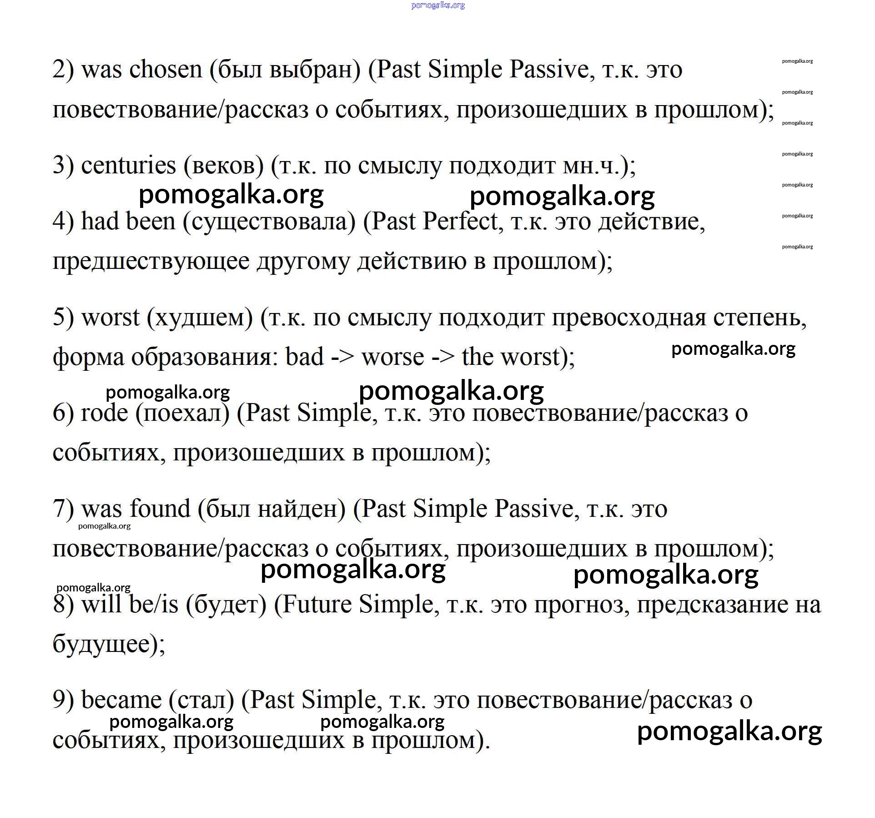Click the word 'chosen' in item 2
pos(166,71)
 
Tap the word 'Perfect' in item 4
pos(460,222)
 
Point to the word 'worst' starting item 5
pos(110,318)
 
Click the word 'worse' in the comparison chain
pos(392,357)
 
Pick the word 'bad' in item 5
pos(305,357)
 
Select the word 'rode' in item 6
pos(104,414)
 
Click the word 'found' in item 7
pos(160,509)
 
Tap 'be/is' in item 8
pos(153,605)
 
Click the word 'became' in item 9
pos(121,701)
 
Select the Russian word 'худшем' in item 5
pos(200,318)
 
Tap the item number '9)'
pos(63,701)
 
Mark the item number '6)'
pos(63,414)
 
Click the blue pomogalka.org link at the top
pos(437,5)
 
